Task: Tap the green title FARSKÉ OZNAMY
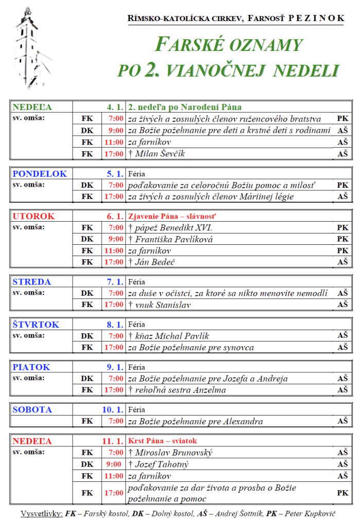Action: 229,45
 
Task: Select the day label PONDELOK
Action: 40,174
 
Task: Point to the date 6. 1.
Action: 115,217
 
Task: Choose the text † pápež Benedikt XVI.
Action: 170,227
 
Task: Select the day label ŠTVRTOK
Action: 36,324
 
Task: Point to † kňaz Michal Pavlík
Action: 169,336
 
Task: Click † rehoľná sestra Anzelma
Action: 178,390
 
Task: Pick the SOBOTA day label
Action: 32,410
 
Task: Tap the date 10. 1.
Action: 113,410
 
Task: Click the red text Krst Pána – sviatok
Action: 163,441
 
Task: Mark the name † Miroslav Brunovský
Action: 170,453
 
